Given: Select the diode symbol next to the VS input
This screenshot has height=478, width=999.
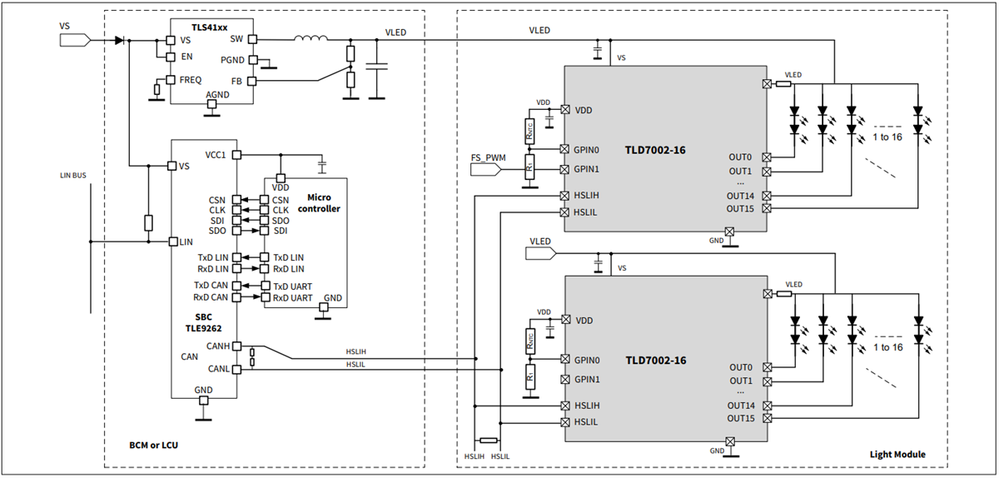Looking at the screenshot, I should (x=119, y=40).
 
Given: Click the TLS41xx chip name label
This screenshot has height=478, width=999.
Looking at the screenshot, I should (x=209, y=27).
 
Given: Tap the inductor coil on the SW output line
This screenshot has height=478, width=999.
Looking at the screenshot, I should (x=310, y=37).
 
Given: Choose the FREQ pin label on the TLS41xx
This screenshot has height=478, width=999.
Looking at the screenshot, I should (x=191, y=79).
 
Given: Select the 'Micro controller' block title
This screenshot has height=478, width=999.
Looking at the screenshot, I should (x=318, y=202).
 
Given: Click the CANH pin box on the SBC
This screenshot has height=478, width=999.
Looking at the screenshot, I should (x=237, y=346).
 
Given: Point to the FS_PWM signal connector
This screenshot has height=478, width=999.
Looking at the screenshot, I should (x=488, y=169).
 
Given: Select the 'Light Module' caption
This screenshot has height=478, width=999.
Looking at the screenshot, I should (x=897, y=455).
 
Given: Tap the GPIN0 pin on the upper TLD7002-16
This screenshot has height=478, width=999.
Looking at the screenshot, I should (x=565, y=150).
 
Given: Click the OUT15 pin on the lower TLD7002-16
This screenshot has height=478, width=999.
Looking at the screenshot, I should (x=766, y=418).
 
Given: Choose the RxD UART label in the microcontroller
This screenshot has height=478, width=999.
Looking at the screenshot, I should (x=292, y=297).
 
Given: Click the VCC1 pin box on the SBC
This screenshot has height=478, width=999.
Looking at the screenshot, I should (x=237, y=155).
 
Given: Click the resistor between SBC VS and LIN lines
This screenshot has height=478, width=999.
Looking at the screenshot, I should (x=148, y=222).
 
